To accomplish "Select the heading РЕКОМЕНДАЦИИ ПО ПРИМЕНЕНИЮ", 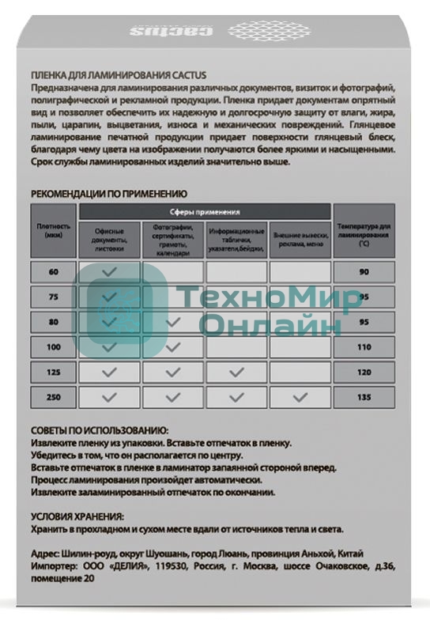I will click(108, 193).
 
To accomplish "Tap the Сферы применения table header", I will click(205, 212).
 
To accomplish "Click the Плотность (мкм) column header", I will click(53, 229).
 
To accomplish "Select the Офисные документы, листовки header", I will click(109, 239).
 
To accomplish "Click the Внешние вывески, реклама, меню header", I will click(300, 239).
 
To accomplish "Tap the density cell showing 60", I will click(53, 272).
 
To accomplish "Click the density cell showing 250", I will click(53, 397).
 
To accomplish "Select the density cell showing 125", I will click(53, 372).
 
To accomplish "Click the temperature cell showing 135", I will click(364, 397).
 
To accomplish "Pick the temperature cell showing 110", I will click(364, 347).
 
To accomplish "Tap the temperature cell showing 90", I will click(364, 272).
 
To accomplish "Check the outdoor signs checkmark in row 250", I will click(300, 397).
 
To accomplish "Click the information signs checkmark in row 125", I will click(236, 372).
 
